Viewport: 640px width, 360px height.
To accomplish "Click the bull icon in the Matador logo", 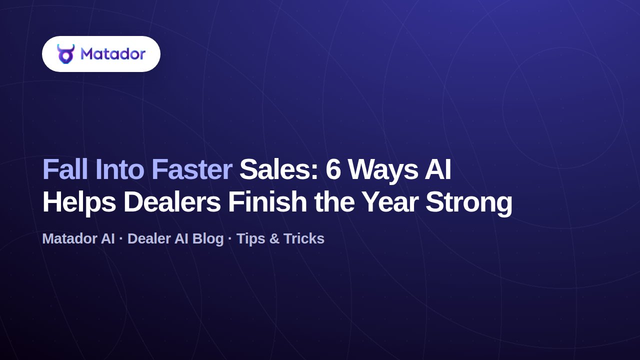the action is tap(65, 53).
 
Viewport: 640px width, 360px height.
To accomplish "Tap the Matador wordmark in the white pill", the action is tap(113, 53).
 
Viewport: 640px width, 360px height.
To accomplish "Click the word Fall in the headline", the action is tap(65, 169).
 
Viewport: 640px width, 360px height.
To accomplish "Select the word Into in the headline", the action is tap(119, 169).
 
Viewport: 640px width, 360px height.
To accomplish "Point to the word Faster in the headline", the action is tap(191, 169).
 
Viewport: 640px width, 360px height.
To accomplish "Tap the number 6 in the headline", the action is tap(333, 169).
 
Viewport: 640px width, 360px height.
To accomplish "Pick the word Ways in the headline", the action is tap(382, 172).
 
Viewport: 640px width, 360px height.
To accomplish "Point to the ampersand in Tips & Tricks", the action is tap(274, 239).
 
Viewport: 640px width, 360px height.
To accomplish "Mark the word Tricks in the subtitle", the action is tap(304, 238).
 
